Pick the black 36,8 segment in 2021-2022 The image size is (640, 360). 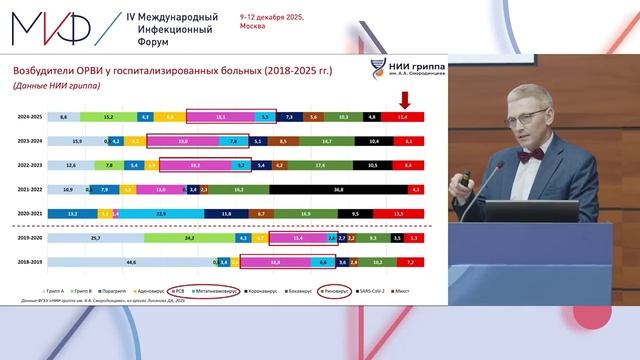click(339, 189)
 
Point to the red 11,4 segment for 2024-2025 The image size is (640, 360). click(403, 117)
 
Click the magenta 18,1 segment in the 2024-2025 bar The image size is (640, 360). click(221, 117)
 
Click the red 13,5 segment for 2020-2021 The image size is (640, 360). click(399, 213)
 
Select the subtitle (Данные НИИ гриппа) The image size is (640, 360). click(51, 87)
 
